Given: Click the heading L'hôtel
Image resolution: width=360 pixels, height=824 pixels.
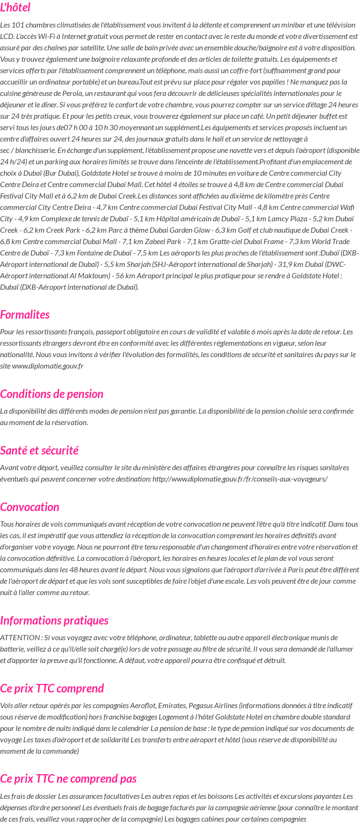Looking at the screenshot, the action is coord(15,8).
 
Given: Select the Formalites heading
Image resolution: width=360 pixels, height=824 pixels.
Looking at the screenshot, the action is coord(25,314).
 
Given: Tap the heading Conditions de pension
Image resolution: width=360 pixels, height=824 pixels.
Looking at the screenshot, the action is coord(52,394).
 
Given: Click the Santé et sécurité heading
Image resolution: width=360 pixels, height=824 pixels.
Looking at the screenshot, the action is coord(39,450).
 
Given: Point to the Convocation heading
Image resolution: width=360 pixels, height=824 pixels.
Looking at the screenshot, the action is coord(30,507).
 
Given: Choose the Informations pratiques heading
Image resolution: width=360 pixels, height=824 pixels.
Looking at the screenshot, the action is coord(54,620).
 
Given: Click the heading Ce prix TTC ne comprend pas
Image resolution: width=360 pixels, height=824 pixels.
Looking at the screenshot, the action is coord(68,778).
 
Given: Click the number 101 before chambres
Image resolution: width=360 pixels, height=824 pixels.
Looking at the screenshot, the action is coord(18,25).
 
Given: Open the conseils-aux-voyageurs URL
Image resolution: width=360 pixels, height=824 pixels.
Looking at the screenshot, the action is coord(240,479).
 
